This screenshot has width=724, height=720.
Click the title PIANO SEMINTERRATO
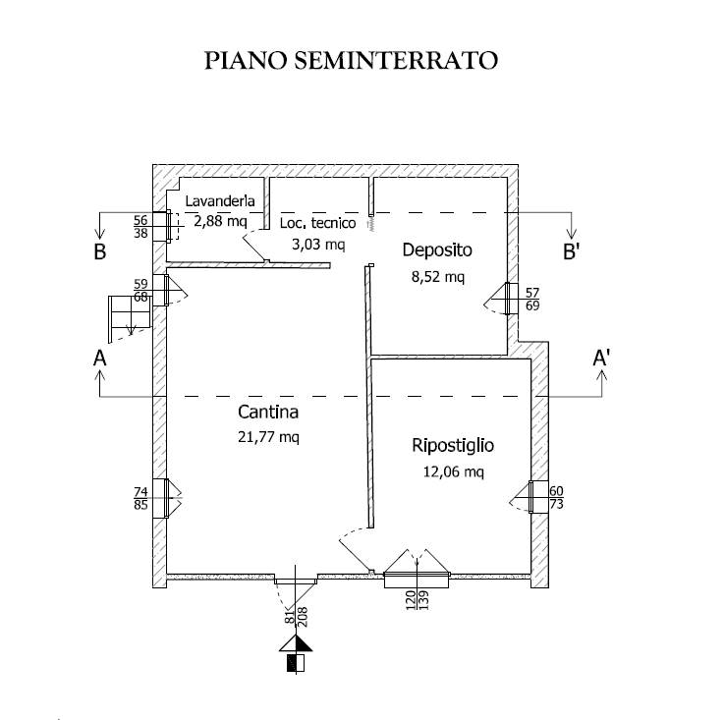pos(351,61)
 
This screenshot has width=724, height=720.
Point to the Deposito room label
pos(437,249)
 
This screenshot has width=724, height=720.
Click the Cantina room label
pos(267,413)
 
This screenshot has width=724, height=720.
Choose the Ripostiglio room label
pos(452,446)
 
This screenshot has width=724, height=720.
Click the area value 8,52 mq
pos(437,276)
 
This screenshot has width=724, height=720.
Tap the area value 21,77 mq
pos(267,437)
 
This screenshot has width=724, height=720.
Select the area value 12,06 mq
pos(452,472)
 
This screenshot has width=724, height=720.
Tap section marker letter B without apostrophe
pos(99,251)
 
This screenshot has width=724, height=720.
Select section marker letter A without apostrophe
pos(99,360)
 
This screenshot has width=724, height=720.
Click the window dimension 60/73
pos(556,497)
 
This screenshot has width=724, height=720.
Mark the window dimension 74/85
pos(139,498)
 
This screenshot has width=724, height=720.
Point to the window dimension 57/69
pos(532,300)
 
